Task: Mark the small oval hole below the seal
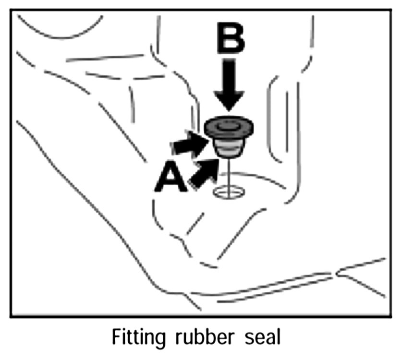[228, 192]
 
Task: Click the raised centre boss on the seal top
[229, 125]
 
